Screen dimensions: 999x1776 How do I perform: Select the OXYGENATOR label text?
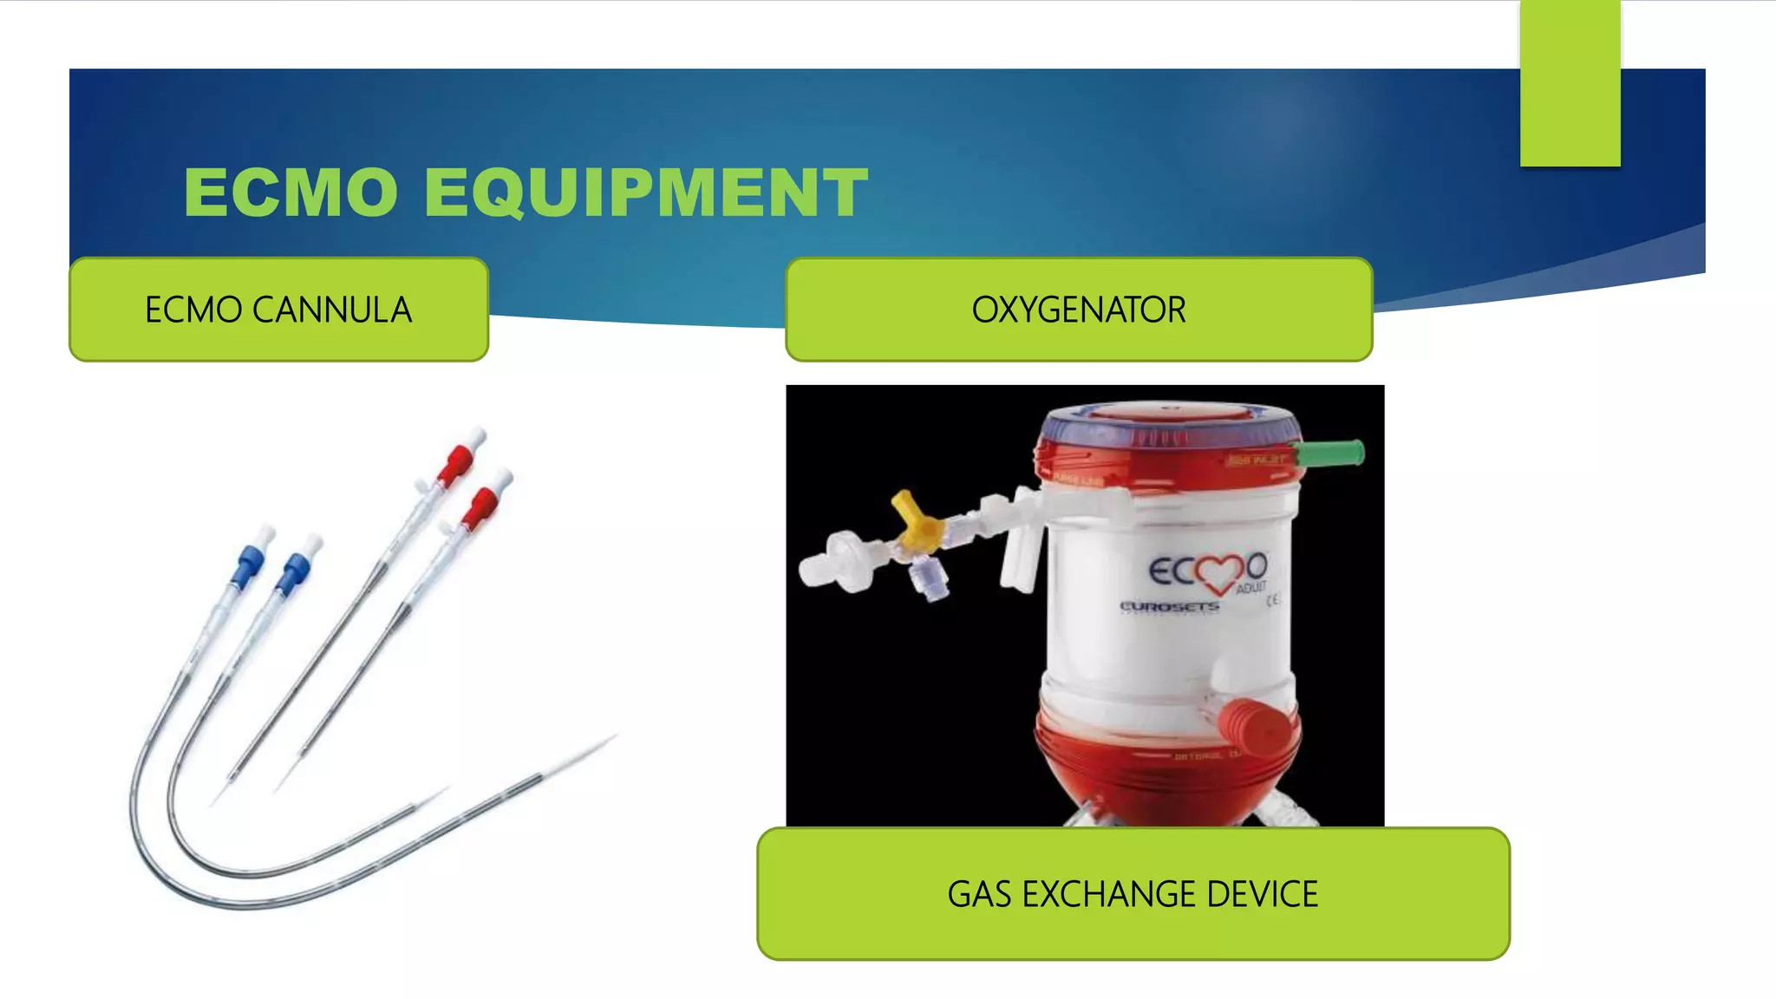1078,310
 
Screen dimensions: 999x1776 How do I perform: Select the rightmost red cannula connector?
482,505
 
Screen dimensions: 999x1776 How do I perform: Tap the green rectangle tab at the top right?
1570,83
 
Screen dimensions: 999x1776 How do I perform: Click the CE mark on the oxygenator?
1273,599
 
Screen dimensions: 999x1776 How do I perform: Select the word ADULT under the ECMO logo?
1250,588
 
